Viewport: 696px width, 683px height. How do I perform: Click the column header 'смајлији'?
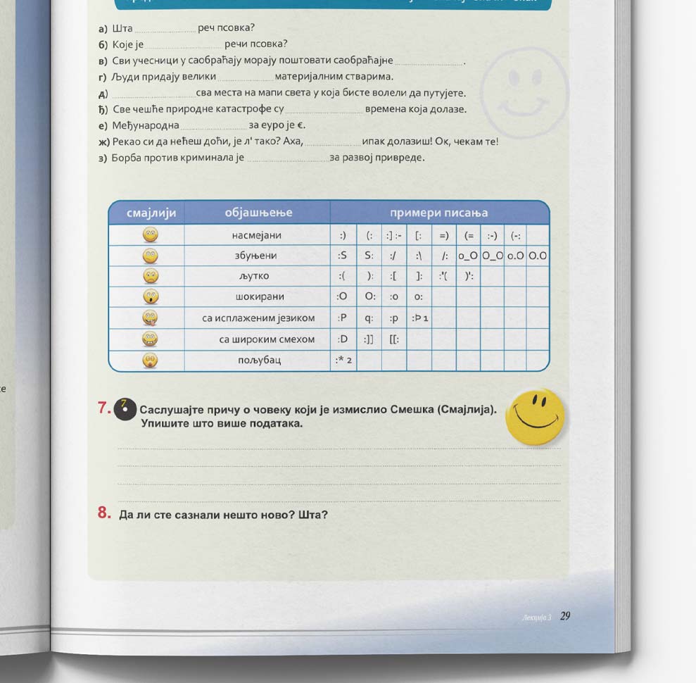click(151, 213)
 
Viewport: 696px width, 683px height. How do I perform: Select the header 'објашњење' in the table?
click(258, 213)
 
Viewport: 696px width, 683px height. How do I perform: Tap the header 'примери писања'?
click(439, 213)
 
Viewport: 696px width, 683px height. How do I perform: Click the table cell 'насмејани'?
click(257, 234)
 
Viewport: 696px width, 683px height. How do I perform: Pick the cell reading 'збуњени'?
click(256, 255)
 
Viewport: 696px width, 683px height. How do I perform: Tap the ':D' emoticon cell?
click(343, 339)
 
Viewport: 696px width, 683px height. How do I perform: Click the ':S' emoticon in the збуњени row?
click(343, 256)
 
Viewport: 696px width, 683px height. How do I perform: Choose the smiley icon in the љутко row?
click(150, 276)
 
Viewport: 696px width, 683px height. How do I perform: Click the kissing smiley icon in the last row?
click(150, 360)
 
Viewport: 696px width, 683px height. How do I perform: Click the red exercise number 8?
click(104, 513)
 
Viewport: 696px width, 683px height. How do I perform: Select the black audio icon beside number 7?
click(125, 408)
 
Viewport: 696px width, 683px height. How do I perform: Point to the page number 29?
click(565, 616)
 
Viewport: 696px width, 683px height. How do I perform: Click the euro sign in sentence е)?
click(300, 126)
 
